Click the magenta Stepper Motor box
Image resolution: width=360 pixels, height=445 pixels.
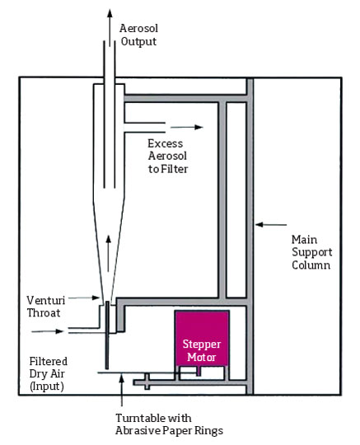coord(202,338)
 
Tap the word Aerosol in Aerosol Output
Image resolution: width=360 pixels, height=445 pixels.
coord(138,28)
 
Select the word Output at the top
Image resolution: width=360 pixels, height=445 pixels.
coord(138,41)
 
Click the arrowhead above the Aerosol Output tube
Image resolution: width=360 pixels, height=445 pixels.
coord(110,13)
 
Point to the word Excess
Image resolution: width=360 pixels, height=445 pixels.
coord(165,143)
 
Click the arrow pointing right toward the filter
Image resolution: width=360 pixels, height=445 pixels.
coord(187,127)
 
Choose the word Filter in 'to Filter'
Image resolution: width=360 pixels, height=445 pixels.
coord(174,169)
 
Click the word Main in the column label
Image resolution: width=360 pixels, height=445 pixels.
coord(304,240)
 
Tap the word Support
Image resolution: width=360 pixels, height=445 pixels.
coord(311,253)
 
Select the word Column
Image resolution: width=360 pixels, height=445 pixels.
coord(311,265)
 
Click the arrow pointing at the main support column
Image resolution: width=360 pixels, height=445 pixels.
coord(271,225)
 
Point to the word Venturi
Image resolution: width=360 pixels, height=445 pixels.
coord(46,300)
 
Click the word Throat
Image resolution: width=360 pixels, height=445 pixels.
coord(44,313)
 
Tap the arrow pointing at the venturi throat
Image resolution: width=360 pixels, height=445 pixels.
coord(84,297)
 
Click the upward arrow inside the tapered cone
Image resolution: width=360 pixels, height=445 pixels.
coord(108,254)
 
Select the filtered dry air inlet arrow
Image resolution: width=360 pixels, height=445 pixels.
coord(48,331)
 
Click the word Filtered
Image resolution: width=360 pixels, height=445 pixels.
coord(49,362)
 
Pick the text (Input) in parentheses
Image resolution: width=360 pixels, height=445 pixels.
coord(46,386)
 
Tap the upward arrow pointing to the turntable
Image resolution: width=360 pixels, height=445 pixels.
coord(121,391)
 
